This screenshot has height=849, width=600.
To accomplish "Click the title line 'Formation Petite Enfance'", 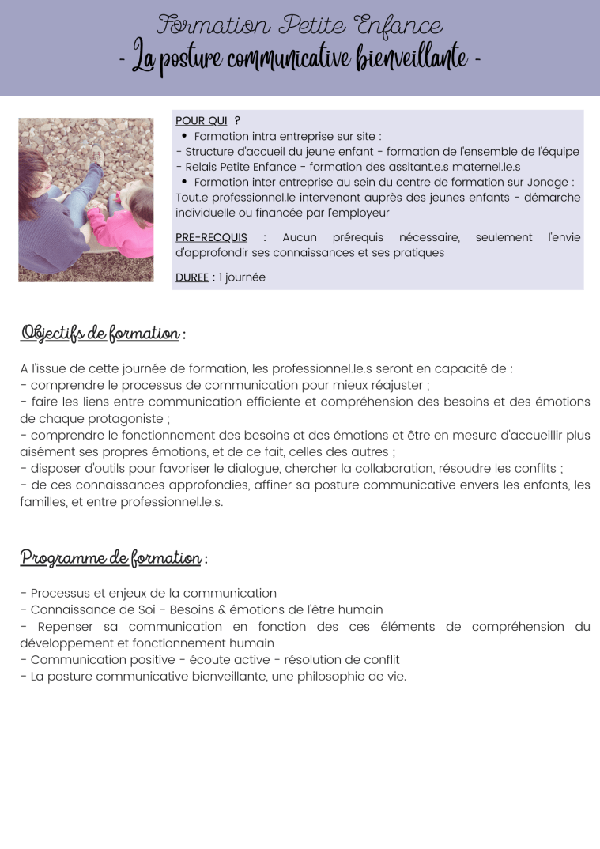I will (x=299, y=25).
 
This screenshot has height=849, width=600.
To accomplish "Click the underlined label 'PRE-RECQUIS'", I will (x=211, y=237).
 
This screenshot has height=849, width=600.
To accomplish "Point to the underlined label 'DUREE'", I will (x=192, y=277).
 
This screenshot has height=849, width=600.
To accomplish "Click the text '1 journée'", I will (x=243, y=277).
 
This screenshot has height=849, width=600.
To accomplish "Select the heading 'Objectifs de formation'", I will (x=100, y=333).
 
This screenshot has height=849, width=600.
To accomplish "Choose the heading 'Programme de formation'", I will (x=111, y=558).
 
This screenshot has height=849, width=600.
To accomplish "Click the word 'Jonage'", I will (x=548, y=183).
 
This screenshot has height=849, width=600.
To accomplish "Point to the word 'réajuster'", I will (x=394, y=385).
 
